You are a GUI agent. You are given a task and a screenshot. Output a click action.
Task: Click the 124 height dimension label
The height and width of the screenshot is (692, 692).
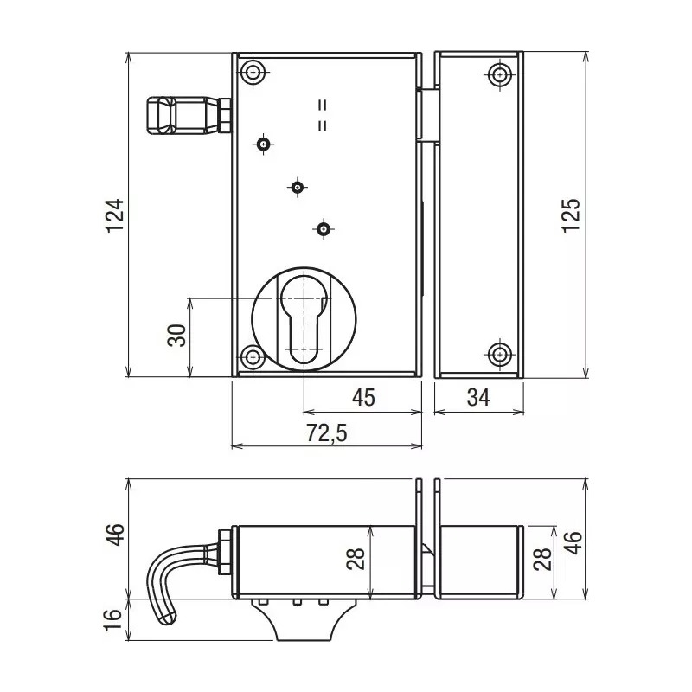116,215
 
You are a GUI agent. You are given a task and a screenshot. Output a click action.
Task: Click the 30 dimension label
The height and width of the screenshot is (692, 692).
176,336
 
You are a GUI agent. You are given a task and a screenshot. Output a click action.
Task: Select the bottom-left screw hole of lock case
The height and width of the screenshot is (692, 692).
252,357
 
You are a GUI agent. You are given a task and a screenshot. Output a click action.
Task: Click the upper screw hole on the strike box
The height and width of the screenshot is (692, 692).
499,74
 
